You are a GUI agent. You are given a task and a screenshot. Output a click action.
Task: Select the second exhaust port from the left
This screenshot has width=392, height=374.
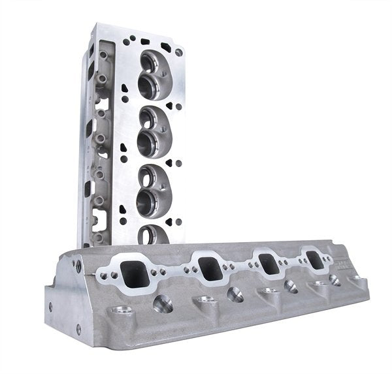click(210, 268)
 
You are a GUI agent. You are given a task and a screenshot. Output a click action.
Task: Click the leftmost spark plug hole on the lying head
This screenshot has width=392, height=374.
click(163, 304)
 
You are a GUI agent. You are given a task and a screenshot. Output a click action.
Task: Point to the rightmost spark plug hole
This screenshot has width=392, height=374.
click(334, 280)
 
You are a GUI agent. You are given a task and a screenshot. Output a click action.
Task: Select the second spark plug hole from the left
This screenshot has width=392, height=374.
click(234, 294)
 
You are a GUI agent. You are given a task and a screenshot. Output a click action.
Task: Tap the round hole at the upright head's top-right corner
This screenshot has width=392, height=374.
click(178, 49)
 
